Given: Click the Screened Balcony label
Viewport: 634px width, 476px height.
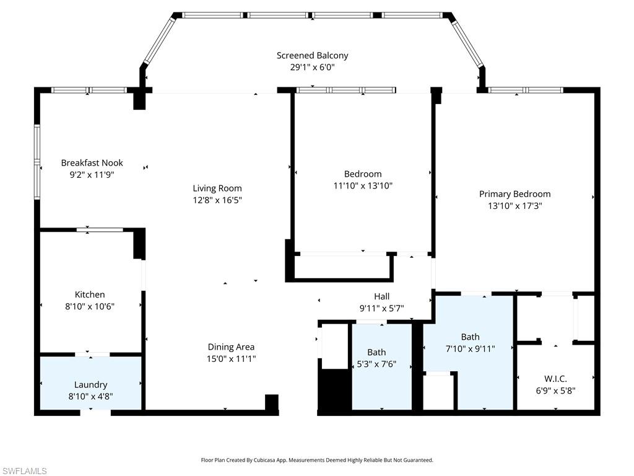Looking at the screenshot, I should click(x=312, y=55).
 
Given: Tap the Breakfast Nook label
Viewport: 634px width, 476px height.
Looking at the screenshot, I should click(x=92, y=163).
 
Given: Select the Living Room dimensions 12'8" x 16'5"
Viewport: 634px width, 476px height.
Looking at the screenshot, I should click(x=217, y=200).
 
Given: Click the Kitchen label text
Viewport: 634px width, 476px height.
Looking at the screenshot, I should click(x=90, y=294).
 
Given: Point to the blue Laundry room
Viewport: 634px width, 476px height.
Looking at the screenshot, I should click(x=91, y=383).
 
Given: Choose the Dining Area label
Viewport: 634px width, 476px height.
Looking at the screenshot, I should click(x=231, y=347).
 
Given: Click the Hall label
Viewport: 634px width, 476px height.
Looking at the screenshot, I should click(x=381, y=296).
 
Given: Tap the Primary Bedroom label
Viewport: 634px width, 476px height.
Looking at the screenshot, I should click(x=515, y=194).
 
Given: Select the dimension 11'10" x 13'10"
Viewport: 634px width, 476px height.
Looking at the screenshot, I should click(x=363, y=185).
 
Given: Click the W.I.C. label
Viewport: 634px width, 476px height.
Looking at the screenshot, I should click(x=555, y=379).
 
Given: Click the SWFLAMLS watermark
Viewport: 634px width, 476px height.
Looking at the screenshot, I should click(x=24, y=472).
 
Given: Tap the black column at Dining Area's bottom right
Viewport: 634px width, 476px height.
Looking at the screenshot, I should click(x=271, y=402).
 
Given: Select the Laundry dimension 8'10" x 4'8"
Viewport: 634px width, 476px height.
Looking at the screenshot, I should click(x=91, y=397).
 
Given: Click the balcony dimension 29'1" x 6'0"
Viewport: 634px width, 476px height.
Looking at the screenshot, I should click(x=312, y=68).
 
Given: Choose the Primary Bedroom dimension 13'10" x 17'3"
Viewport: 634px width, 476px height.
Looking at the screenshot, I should click(x=515, y=206).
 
